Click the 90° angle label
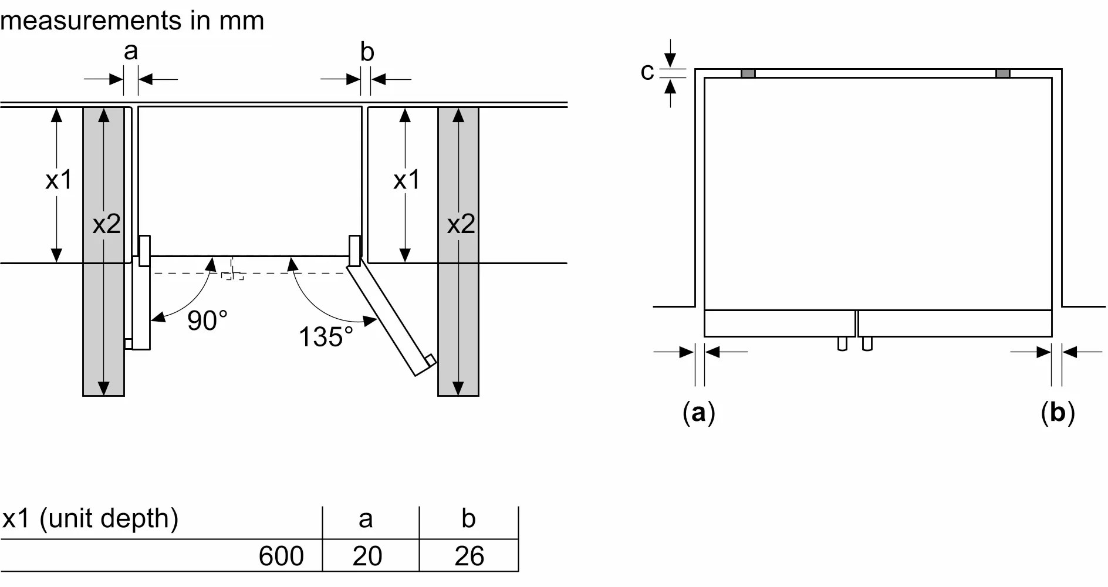[x=207, y=321]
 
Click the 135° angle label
[x=326, y=337]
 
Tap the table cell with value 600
[x=281, y=556]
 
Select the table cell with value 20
[x=367, y=556]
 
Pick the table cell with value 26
[x=469, y=556]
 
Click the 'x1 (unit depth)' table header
[x=90, y=519]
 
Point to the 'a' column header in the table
[x=366, y=519]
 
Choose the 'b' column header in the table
[x=468, y=518]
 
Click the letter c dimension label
[x=647, y=72]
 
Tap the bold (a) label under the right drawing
[x=699, y=413]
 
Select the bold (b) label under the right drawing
[x=1058, y=413]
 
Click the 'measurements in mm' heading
[x=133, y=20]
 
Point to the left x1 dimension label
[x=59, y=180]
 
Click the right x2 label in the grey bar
[x=461, y=224]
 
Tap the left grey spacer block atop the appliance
[x=748, y=73]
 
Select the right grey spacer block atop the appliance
[x=1003, y=73]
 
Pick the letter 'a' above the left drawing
[x=131, y=52]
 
